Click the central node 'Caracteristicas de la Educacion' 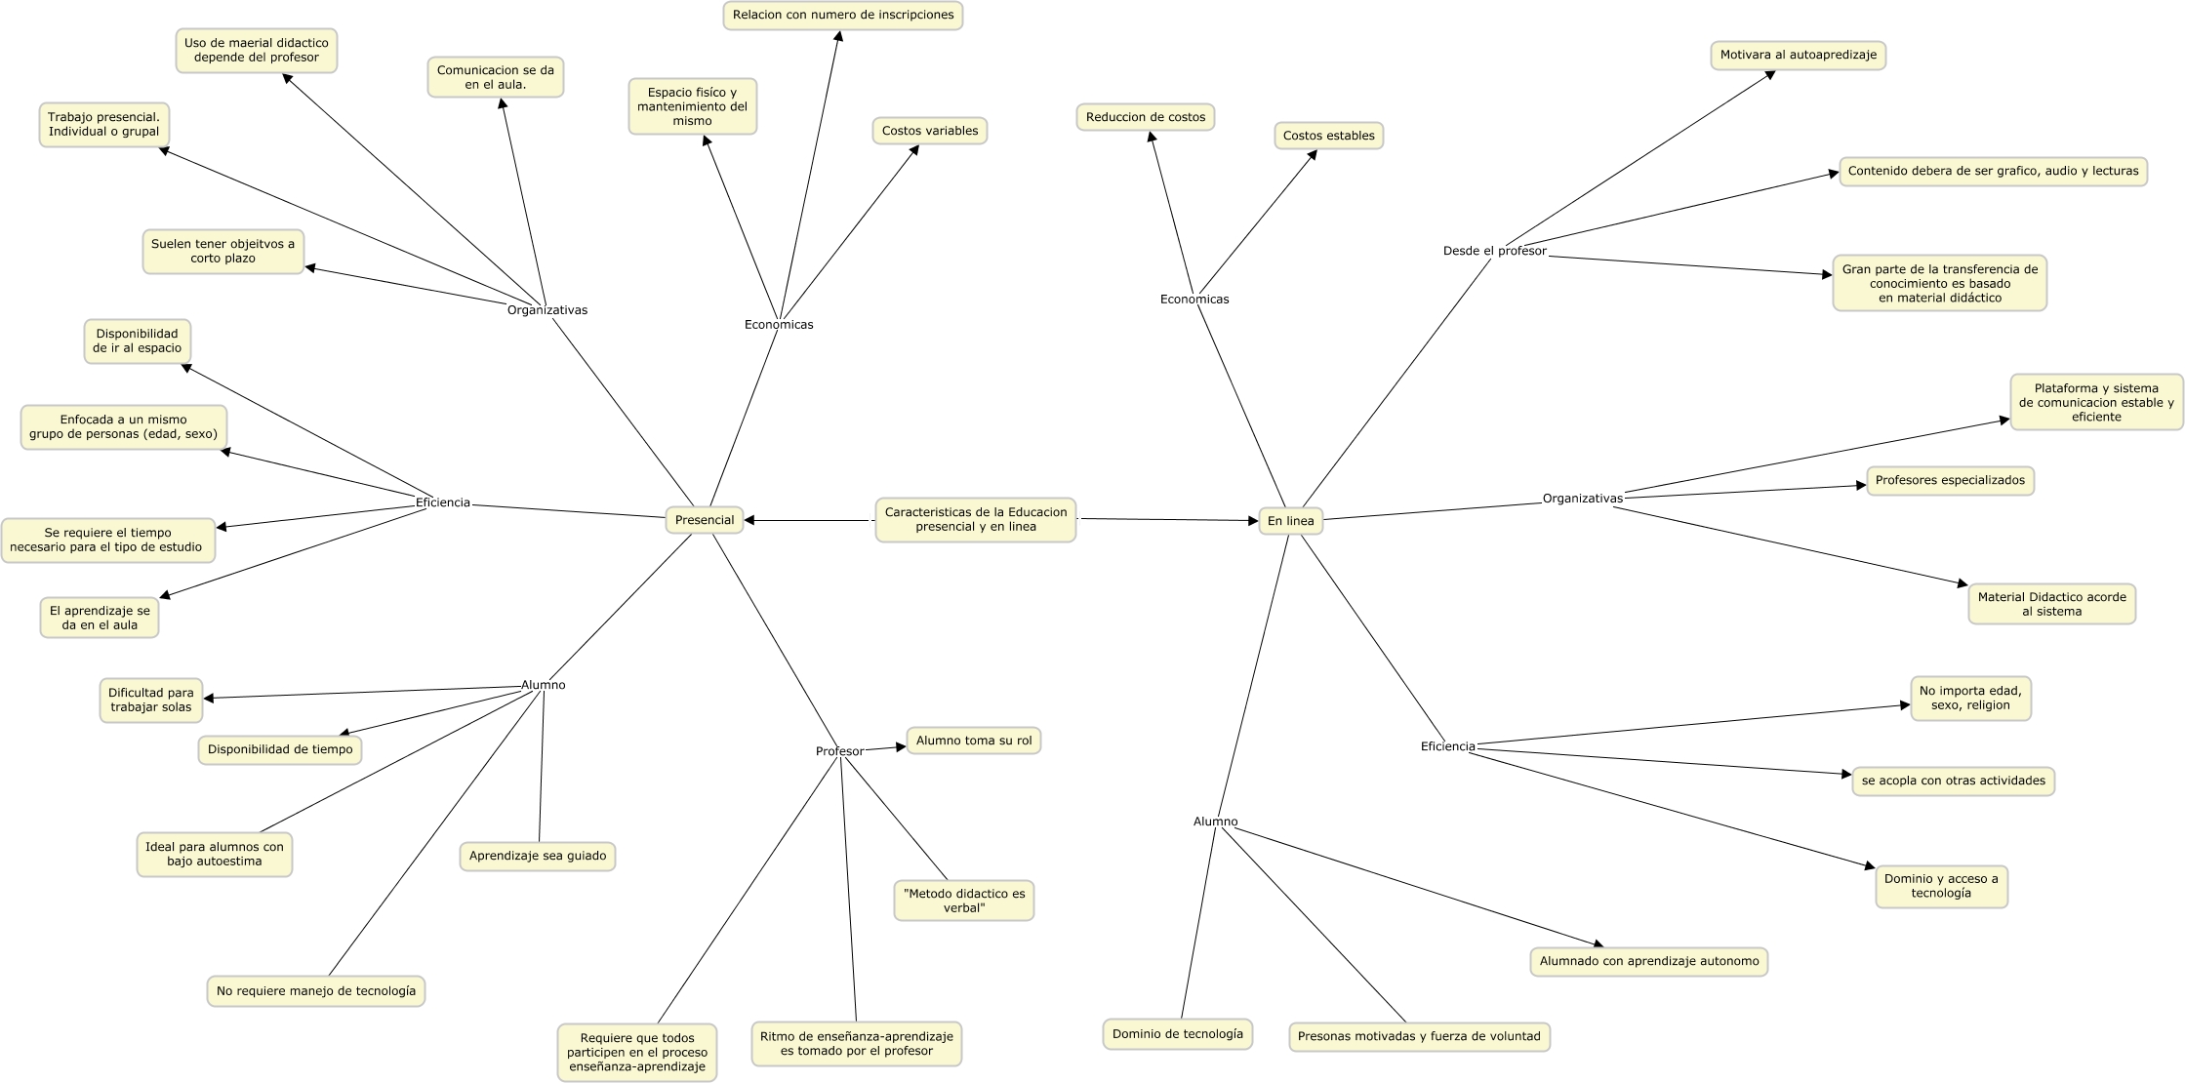pos(975,519)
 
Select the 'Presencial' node pos(704,520)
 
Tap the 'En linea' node pos(1290,521)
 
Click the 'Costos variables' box pos(929,131)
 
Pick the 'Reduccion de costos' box pos(1146,117)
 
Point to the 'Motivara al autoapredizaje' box pos(1798,56)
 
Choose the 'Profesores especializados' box pos(1950,480)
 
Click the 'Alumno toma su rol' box pos(973,741)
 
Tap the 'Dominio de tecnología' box pos(1177,1034)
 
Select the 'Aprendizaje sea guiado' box pos(537,856)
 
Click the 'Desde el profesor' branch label pos(1494,251)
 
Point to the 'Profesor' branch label pos(839,751)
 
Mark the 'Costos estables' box pos(1328,136)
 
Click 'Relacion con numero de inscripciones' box pos(842,16)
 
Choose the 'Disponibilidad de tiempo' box pos(280,749)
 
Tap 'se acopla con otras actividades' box pos(1953,781)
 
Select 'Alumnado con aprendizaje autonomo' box pos(1648,961)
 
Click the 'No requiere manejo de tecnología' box pos(315,991)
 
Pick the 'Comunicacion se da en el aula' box pos(495,77)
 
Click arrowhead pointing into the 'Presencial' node pos(750,520)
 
